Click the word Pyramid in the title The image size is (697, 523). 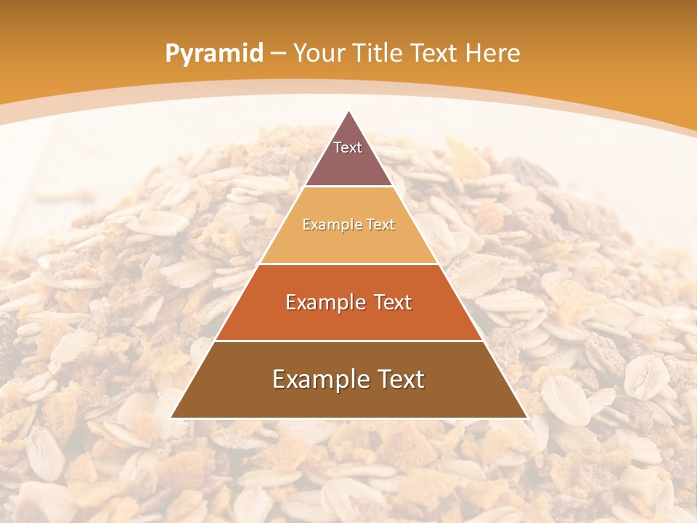pos(213,54)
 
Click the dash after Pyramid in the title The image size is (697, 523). pos(278,54)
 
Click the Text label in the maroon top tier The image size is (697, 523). pos(348,147)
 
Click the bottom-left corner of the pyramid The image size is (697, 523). pos(171,417)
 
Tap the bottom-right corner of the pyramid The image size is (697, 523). pos(526,417)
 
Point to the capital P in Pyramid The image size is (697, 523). pos(171,53)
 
